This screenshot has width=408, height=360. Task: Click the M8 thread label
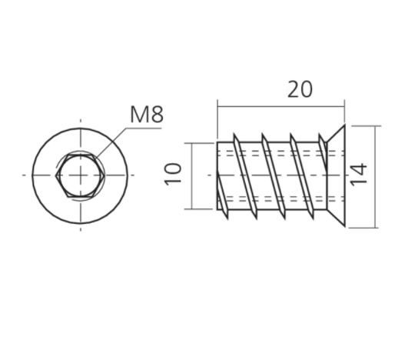click(146, 115)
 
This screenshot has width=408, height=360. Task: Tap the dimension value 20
click(300, 88)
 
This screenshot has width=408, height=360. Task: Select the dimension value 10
click(174, 173)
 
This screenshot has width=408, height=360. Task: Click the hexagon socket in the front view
click(80, 175)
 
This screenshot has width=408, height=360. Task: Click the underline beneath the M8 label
click(146, 129)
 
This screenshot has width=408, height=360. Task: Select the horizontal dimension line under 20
click(280, 106)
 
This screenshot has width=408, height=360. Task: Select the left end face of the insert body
click(218, 175)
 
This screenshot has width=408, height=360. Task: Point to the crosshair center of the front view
click(80, 175)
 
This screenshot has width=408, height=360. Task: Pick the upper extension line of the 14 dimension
click(361, 125)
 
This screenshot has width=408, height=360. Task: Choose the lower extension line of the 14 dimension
click(361, 228)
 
